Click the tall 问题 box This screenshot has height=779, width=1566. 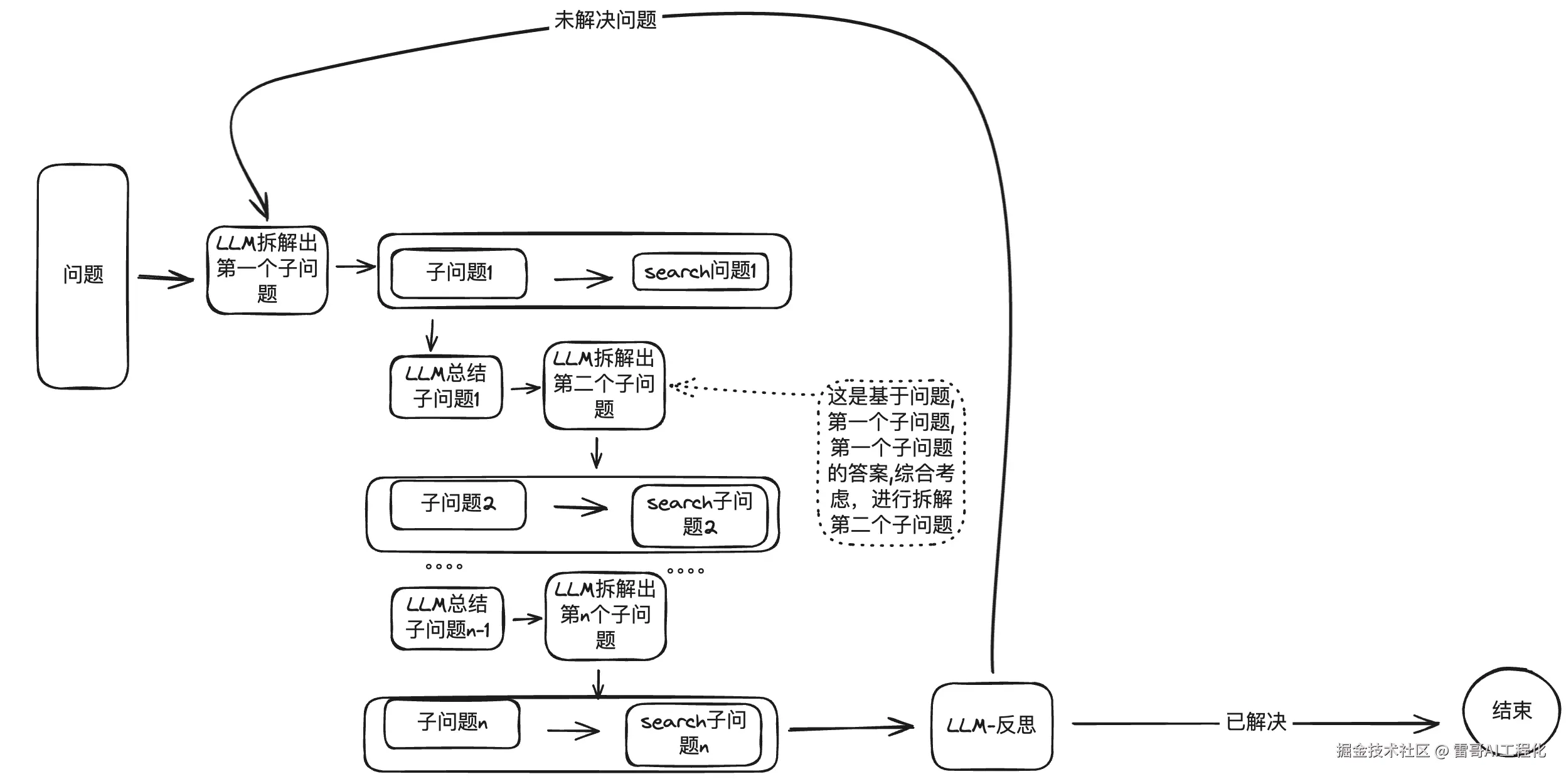83,276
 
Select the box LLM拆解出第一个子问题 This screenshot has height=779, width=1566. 267,270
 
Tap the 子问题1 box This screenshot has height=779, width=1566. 459,273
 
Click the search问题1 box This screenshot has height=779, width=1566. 700,272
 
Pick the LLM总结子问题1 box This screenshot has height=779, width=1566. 446,386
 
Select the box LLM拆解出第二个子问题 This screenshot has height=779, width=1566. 604,385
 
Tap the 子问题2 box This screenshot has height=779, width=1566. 458,504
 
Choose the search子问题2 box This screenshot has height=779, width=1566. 700,514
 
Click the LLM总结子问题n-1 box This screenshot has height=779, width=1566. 447,618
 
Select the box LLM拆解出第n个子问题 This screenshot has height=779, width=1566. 605,615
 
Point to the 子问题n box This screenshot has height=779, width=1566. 452,723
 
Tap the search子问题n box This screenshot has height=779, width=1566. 693,734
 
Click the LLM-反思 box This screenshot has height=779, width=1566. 991,726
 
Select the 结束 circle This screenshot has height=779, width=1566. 1511,711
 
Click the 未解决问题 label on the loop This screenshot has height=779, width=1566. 605,20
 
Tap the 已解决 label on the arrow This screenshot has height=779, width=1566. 1255,722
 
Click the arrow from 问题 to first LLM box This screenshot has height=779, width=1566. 166,278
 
